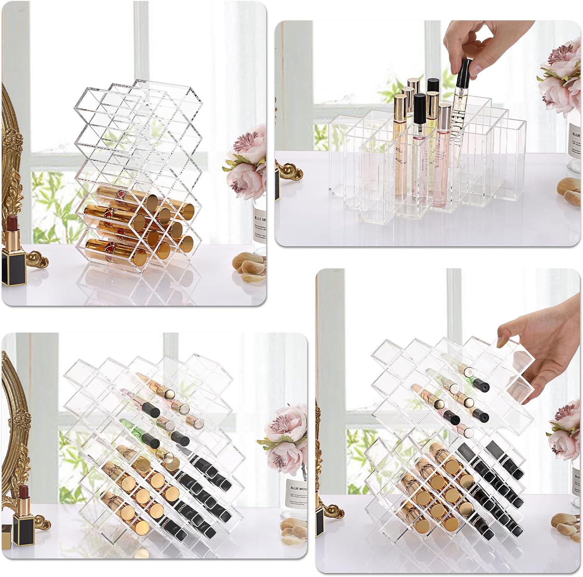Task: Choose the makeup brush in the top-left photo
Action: click(249, 265)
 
